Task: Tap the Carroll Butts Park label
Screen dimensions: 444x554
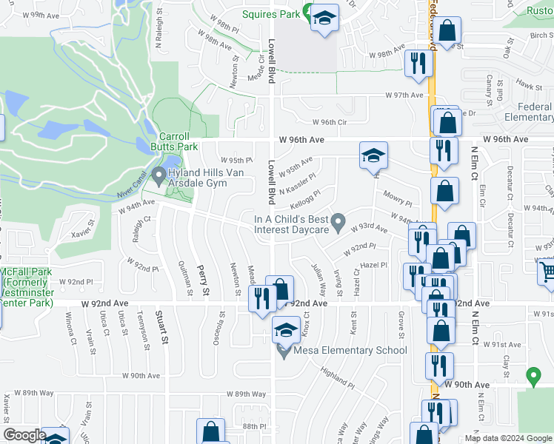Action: tap(178, 141)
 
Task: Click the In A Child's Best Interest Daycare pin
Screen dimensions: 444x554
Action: tap(338, 221)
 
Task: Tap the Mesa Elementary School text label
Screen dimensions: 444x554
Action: tap(350, 350)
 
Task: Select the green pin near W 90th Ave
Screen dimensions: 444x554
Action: tap(533, 377)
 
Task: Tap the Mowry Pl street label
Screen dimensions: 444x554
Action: tap(397, 198)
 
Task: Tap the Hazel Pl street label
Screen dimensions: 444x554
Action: tap(374, 264)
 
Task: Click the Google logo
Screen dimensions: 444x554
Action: tap(24, 435)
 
